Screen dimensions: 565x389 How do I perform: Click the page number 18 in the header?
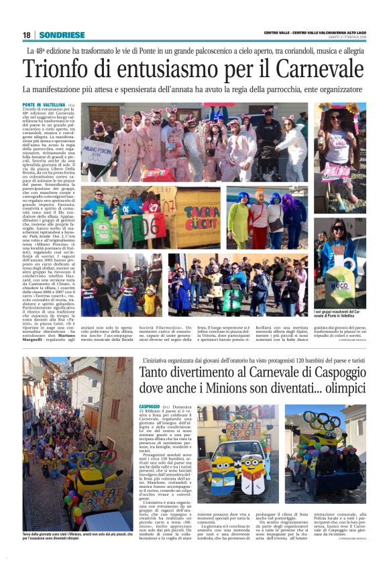point(26,35)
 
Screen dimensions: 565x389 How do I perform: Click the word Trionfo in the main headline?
point(56,69)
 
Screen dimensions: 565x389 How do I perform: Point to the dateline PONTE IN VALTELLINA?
point(44,105)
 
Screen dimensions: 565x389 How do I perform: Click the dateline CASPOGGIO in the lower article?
point(150,425)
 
